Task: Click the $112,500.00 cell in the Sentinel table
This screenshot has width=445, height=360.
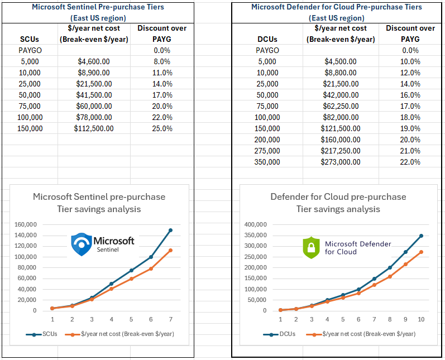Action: click(x=94, y=128)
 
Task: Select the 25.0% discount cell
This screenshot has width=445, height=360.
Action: click(x=162, y=128)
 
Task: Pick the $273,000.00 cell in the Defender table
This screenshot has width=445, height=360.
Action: click(x=341, y=162)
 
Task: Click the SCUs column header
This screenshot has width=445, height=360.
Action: click(x=29, y=39)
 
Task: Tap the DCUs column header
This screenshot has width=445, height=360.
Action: click(x=267, y=39)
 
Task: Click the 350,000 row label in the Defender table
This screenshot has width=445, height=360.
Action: click(x=267, y=162)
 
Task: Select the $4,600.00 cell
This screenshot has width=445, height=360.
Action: click(x=94, y=61)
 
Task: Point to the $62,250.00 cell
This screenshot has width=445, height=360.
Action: click(x=341, y=106)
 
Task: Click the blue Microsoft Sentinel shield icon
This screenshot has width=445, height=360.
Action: click(x=82, y=244)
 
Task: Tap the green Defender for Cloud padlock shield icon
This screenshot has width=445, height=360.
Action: click(x=310, y=248)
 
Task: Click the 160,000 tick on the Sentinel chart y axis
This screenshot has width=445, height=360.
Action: click(x=25, y=224)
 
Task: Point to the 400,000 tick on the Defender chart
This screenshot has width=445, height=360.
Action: click(x=256, y=224)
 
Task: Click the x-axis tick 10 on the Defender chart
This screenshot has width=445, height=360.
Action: click(x=421, y=320)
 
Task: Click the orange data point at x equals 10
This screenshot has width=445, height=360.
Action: click(x=421, y=252)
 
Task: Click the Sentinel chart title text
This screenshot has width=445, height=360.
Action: click(x=99, y=203)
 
